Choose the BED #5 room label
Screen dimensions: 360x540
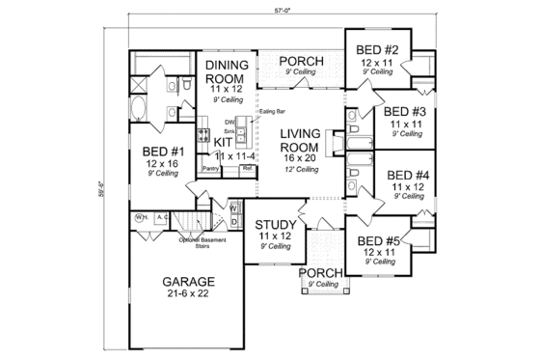[x=377, y=240]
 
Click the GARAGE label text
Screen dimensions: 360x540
[x=189, y=282]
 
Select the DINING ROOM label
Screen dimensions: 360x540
[x=228, y=72]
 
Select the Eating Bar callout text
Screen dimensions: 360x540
[x=272, y=111]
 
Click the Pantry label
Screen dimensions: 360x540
[x=210, y=169]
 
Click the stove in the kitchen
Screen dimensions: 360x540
[x=204, y=135]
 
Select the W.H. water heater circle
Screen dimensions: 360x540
[x=141, y=217]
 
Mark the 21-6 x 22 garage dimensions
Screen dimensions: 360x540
[x=189, y=295]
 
